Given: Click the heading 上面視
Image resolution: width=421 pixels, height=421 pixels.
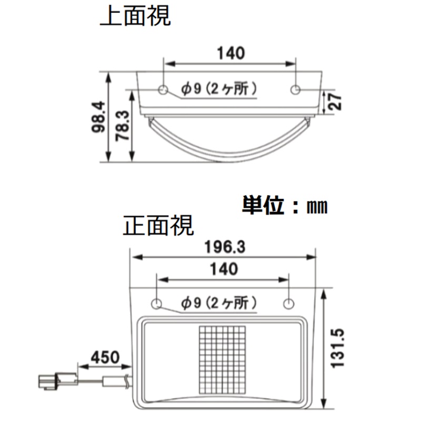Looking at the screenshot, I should pyautogui.click(x=135, y=16).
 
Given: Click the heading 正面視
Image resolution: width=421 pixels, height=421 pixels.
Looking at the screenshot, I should pyautogui.click(x=158, y=226).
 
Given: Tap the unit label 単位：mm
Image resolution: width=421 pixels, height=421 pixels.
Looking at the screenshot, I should pyautogui.click(x=284, y=205).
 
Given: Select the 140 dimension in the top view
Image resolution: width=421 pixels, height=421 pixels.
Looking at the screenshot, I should pyautogui.click(x=230, y=53).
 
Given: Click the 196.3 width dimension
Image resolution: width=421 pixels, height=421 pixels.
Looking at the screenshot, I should pyautogui.click(x=224, y=246).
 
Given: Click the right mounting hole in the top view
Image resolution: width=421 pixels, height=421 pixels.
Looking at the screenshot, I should pyautogui.click(x=296, y=90).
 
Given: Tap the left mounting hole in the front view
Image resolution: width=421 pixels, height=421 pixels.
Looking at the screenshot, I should pyautogui.click(x=156, y=304).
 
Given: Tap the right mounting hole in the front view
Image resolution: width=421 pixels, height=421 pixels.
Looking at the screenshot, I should pyautogui.click(x=288, y=304).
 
